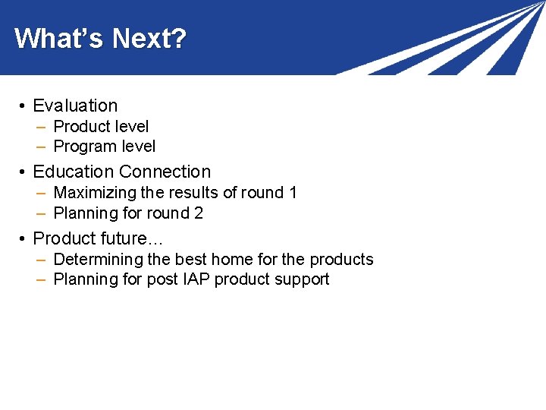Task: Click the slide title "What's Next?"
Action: click(100, 38)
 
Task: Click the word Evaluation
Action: click(75, 106)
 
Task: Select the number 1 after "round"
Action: click(293, 193)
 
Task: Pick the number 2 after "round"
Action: click(199, 213)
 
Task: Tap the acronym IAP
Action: click(195, 279)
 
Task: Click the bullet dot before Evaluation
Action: click(24, 106)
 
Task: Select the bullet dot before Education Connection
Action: click(24, 172)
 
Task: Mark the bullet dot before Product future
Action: click(24, 239)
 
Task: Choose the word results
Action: click(194, 193)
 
